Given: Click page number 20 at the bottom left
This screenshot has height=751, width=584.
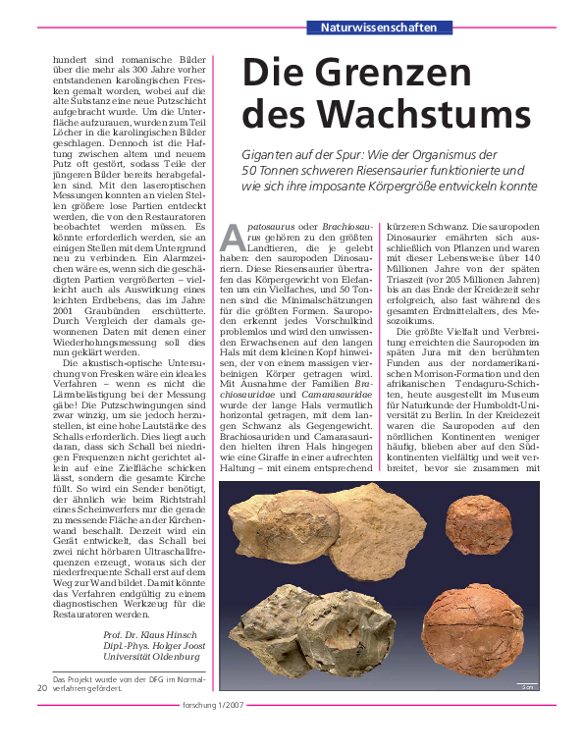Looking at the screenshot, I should click(x=40, y=688).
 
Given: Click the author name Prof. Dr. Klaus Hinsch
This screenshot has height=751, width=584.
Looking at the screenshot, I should click(x=152, y=636).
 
